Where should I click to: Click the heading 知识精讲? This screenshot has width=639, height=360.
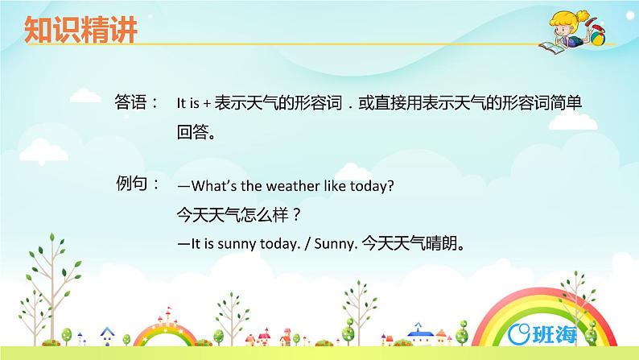(x=80, y=30)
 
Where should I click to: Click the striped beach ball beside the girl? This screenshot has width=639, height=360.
(x=600, y=37)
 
